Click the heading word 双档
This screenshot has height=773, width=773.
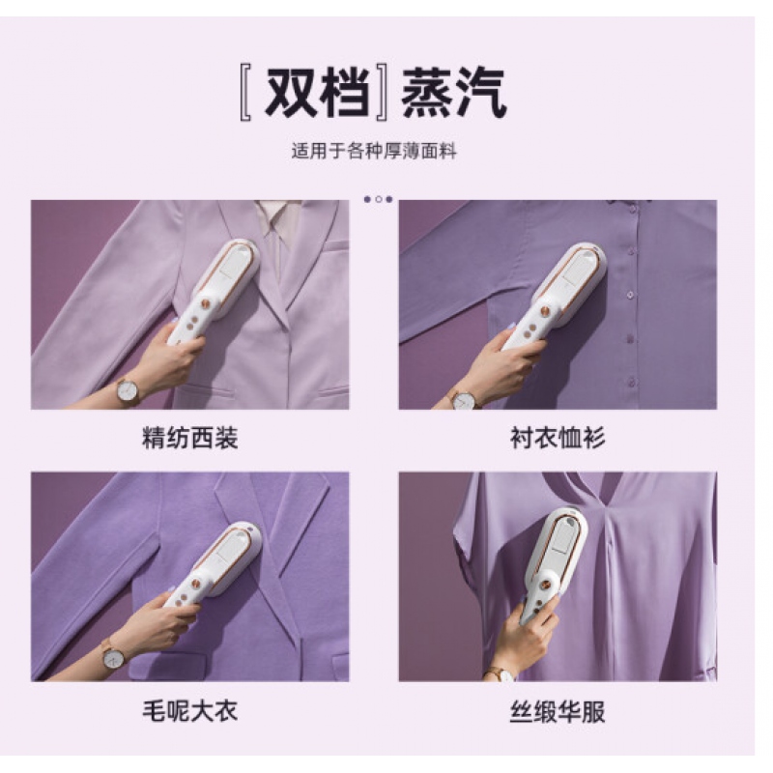point(318,93)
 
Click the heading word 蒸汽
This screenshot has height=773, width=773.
point(453,93)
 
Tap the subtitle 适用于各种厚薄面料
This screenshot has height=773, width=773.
point(374,151)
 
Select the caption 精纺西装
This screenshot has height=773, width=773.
point(189,438)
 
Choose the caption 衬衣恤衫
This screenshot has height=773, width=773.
point(558,438)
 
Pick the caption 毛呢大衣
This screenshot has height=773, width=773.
point(189,711)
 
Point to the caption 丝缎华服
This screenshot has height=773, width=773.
point(558,711)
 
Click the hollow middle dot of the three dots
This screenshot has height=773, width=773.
point(379,200)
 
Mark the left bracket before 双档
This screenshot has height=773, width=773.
point(245,94)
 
